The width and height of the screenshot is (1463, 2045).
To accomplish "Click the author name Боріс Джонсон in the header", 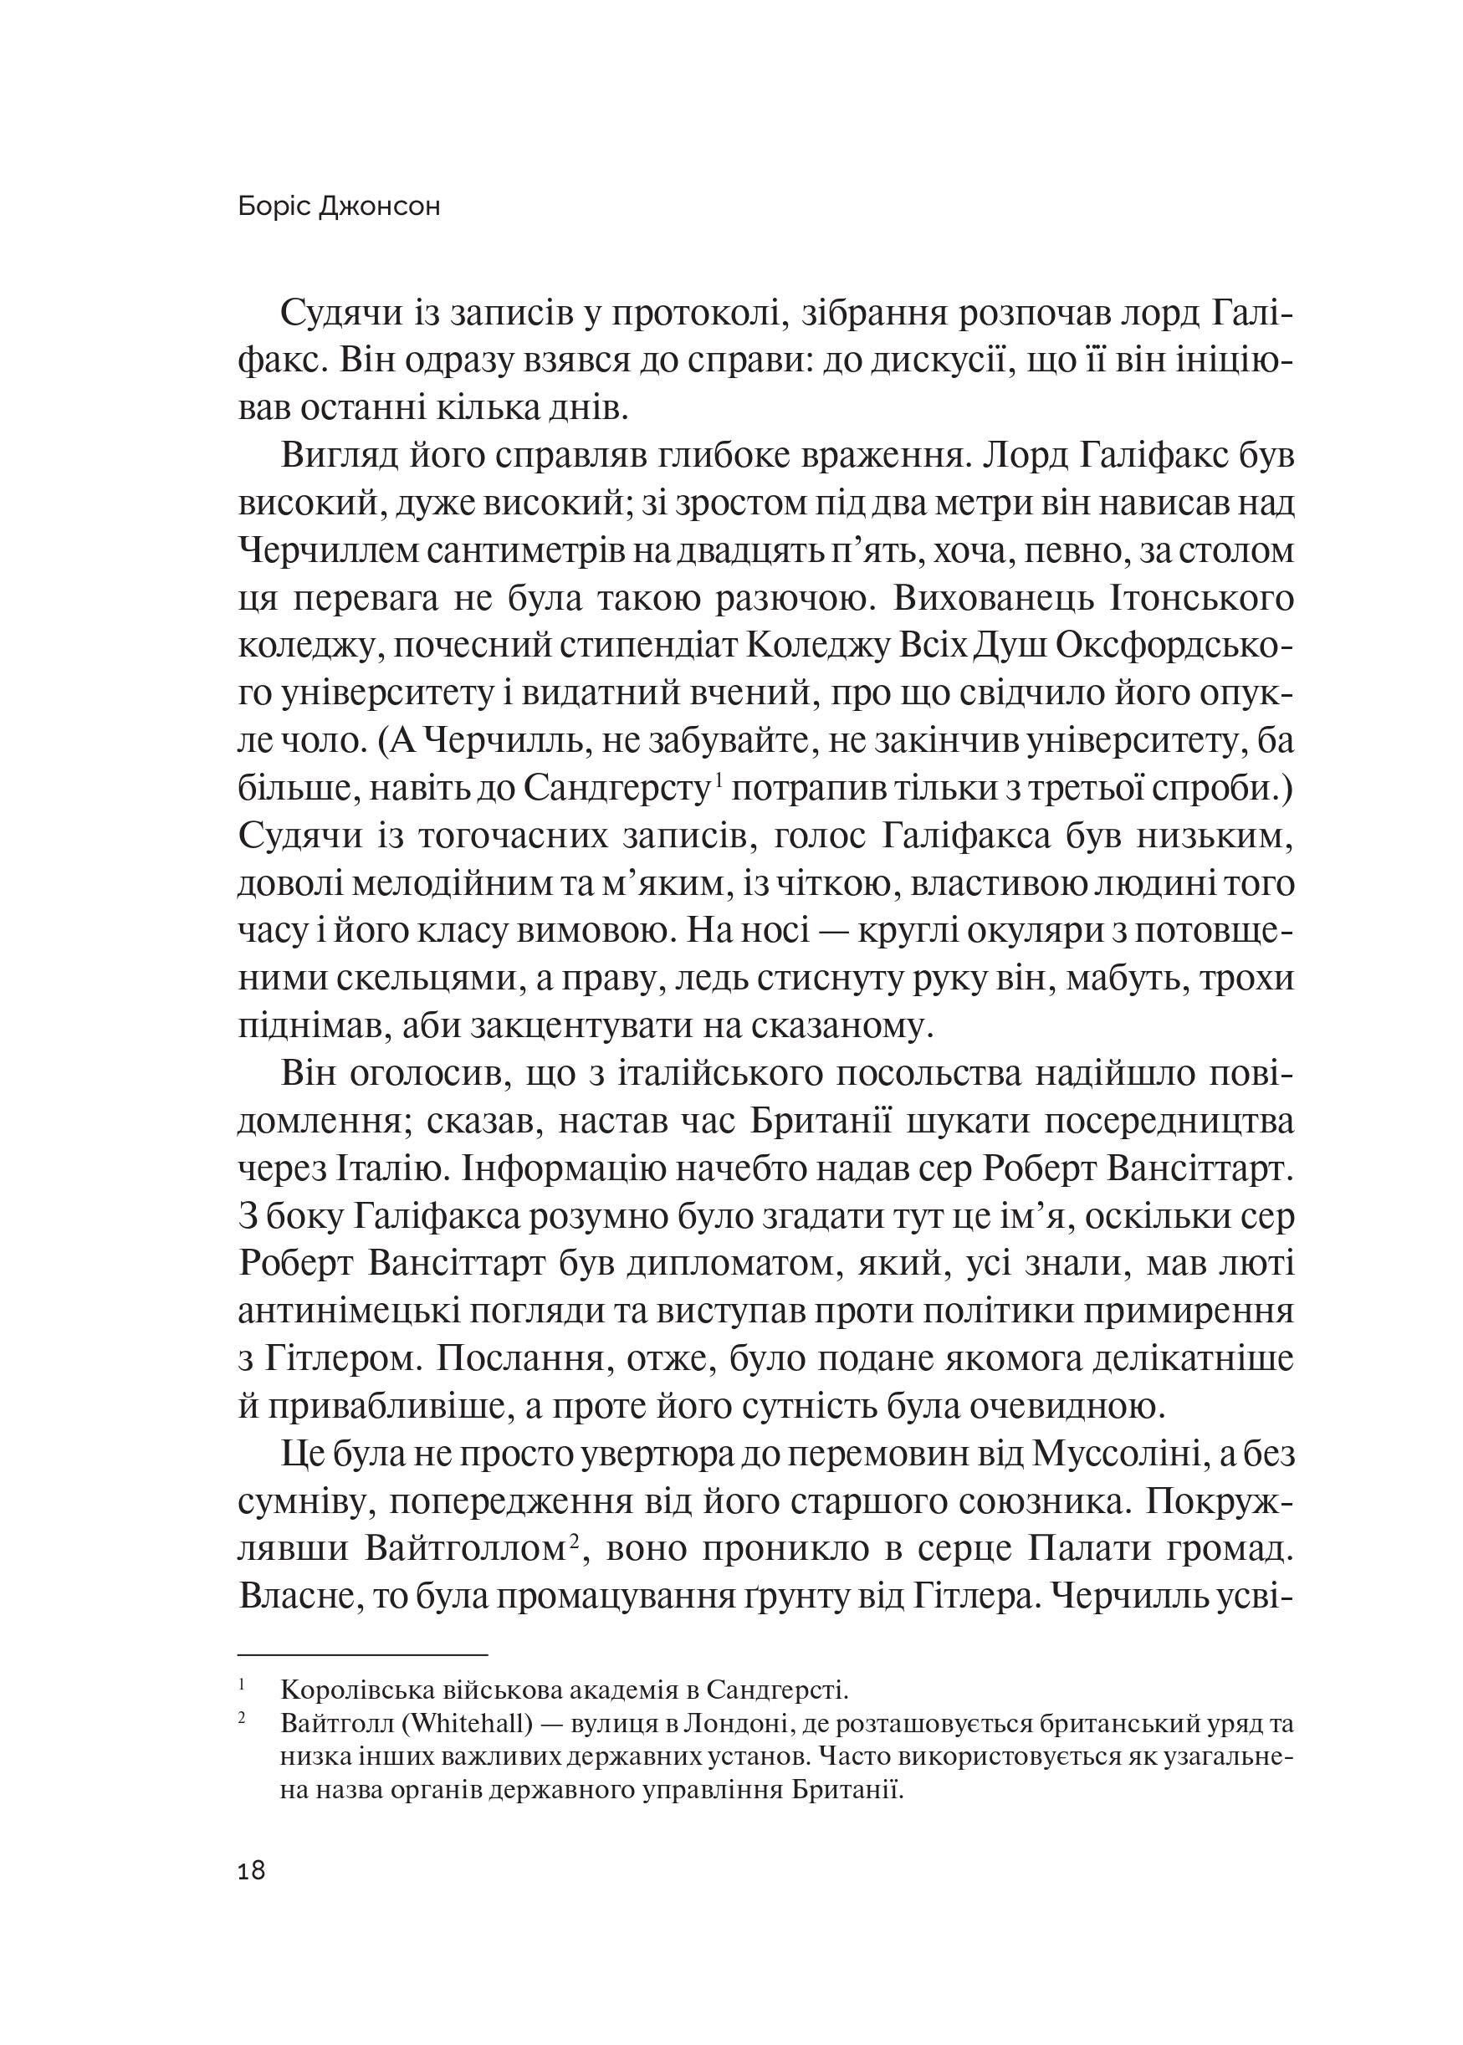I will [340, 207].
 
